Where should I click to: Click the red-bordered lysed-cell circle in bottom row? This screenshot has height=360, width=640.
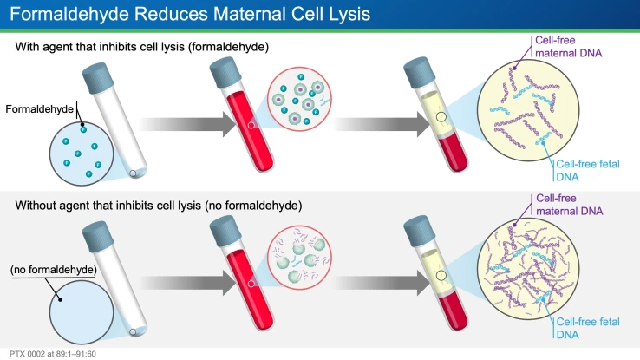click(x=300, y=260)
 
